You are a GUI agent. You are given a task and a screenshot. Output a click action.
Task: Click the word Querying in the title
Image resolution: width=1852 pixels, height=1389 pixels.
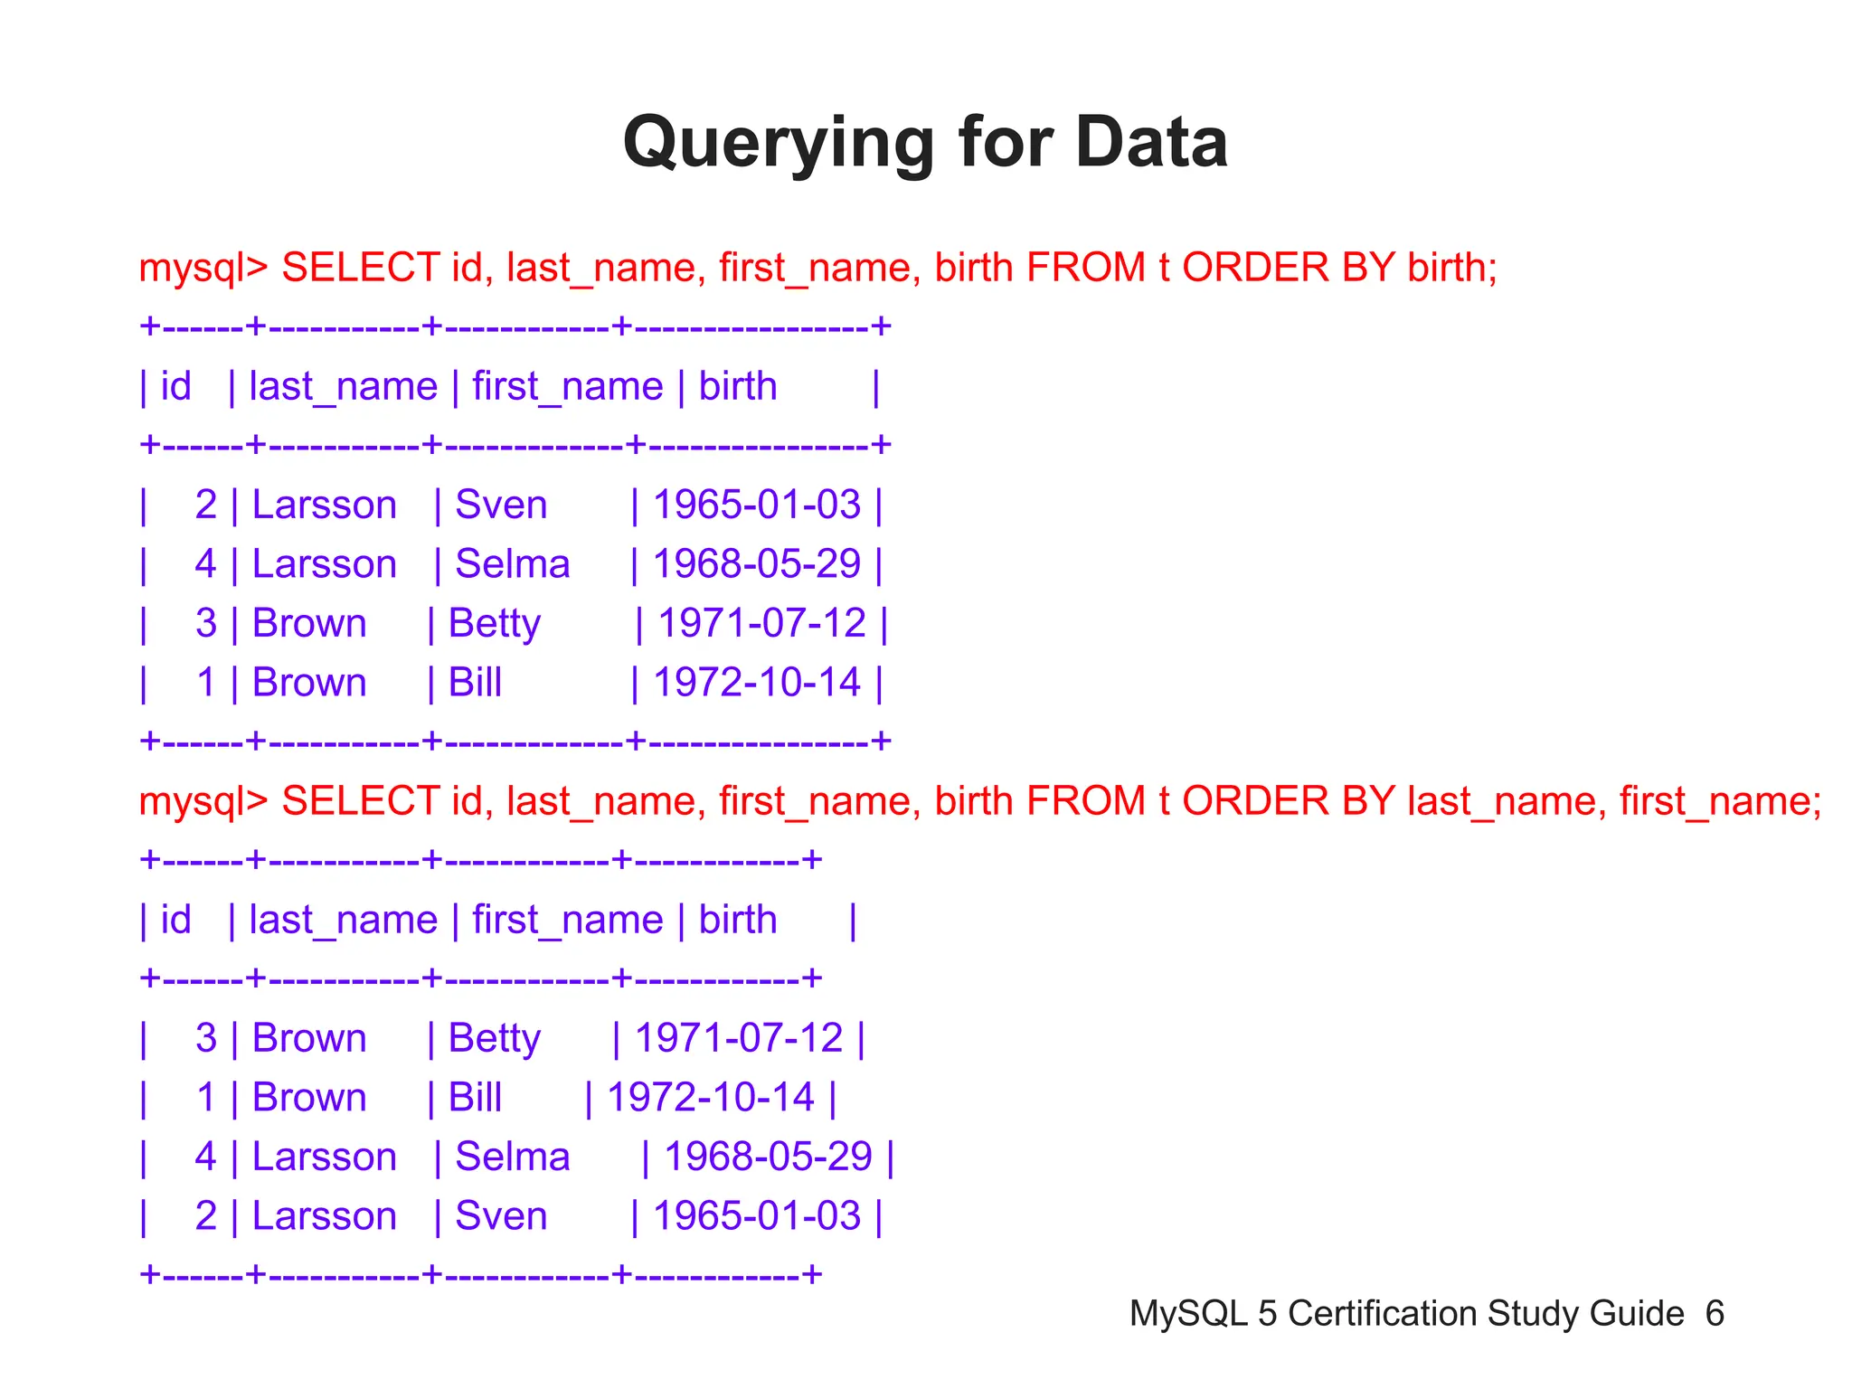[x=779, y=144]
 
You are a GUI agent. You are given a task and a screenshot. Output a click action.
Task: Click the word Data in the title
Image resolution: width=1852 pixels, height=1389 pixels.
[x=1150, y=142]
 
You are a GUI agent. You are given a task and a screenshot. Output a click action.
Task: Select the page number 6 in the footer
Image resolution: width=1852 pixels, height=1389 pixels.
[x=1715, y=1313]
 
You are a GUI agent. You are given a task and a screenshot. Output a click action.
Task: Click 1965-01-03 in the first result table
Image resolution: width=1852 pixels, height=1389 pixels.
[x=756, y=505]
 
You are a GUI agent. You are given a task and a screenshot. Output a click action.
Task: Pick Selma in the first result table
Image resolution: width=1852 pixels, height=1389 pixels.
[x=512, y=564]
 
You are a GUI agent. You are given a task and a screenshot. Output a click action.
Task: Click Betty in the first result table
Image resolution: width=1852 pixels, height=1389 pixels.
[x=494, y=624]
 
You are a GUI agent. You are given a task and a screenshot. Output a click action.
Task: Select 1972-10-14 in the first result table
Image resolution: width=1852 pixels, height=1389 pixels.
[x=756, y=683]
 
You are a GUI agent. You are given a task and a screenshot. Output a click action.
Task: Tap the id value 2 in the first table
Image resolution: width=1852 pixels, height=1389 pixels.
[x=206, y=505]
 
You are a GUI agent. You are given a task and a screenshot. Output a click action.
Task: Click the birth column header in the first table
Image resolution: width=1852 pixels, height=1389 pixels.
[x=738, y=387]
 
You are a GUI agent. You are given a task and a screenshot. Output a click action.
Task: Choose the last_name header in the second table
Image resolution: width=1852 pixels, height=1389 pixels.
[x=343, y=921]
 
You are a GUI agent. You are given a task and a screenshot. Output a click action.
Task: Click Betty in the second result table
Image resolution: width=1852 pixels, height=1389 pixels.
[x=494, y=1038]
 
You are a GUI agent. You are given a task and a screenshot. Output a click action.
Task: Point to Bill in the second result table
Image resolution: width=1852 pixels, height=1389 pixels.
[x=475, y=1098]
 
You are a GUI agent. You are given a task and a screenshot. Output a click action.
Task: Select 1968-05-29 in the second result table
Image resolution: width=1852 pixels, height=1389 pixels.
[x=768, y=1157]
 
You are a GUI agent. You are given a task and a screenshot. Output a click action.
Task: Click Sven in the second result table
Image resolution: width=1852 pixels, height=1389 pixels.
[x=501, y=1216]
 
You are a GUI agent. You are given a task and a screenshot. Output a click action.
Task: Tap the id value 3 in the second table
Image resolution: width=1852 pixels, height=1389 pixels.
[x=206, y=1038]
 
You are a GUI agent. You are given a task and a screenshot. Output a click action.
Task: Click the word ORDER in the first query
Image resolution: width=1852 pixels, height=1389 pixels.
[x=1255, y=268]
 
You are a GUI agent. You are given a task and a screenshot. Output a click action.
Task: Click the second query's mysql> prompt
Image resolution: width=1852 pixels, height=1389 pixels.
[x=203, y=801]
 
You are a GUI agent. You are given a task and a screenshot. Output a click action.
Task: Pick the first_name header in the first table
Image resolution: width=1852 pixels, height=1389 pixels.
[x=567, y=387]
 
